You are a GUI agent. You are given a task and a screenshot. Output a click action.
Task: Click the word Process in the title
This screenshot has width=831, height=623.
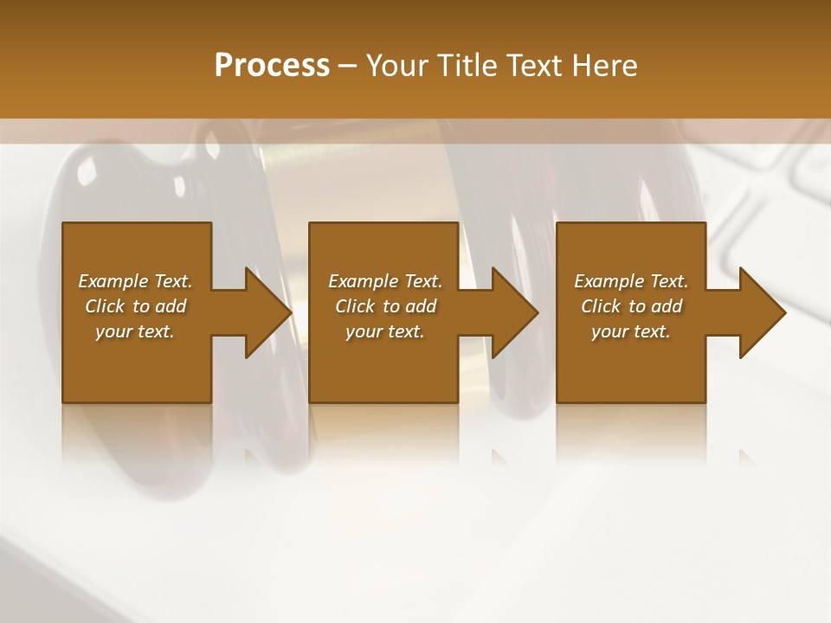pyautogui.click(x=272, y=66)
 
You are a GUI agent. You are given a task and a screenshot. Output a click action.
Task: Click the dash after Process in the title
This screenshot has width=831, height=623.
pyautogui.click(x=347, y=67)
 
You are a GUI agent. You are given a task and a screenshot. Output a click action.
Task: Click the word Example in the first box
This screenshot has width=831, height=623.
pyautogui.click(x=113, y=281)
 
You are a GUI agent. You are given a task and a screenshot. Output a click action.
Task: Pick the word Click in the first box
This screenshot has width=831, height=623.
pyautogui.click(x=106, y=306)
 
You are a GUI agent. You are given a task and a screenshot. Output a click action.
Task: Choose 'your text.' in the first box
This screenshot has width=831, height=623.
pyautogui.click(x=135, y=331)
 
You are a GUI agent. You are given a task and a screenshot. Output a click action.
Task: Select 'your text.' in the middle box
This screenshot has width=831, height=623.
pyautogui.click(x=385, y=331)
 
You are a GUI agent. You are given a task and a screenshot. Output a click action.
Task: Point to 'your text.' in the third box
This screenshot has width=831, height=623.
pyautogui.click(x=631, y=331)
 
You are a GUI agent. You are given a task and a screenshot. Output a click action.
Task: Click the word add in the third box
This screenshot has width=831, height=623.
pyautogui.click(x=667, y=306)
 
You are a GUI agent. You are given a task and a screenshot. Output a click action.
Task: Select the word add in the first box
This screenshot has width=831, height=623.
pyautogui.click(x=171, y=306)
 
